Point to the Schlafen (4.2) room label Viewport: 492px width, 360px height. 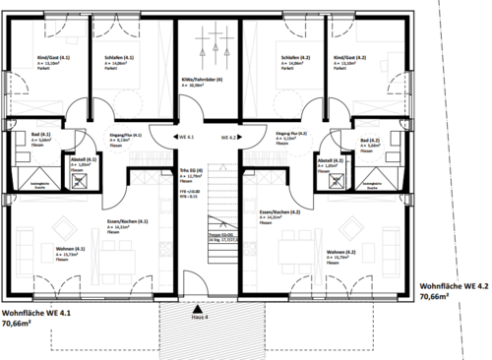tap(288, 59)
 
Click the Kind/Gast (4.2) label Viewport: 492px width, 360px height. tap(349, 59)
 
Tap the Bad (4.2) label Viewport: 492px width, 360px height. tap(371, 142)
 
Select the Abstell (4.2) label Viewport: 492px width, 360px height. tap(331, 158)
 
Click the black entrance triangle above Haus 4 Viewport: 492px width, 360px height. tap(198, 307)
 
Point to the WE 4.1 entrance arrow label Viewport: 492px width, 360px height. tap(186, 136)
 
